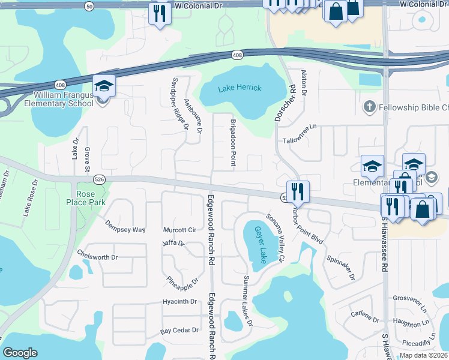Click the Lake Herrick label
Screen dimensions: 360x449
tap(240, 88)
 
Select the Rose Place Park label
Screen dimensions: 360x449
tap(86, 198)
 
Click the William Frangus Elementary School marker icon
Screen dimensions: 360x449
tap(104, 86)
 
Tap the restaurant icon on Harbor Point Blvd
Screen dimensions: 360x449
tap(298, 192)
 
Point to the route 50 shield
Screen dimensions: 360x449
tap(89, 6)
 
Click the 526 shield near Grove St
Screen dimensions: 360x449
tap(100, 179)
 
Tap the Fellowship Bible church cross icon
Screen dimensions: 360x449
tap(369, 107)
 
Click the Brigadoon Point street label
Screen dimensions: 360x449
tap(233, 142)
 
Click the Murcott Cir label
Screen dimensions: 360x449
tap(180, 230)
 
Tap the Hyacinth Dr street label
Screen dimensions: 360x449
tap(179, 302)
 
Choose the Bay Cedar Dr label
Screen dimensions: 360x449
tap(179, 331)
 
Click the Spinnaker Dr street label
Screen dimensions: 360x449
tap(341, 268)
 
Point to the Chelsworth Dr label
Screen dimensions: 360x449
tap(98, 257)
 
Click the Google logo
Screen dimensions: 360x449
tap(20, 353)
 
